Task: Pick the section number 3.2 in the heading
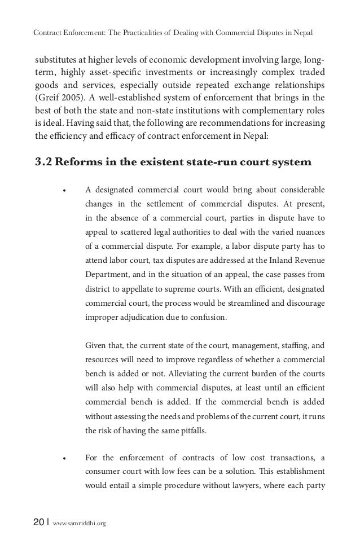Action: tap(45, 164)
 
